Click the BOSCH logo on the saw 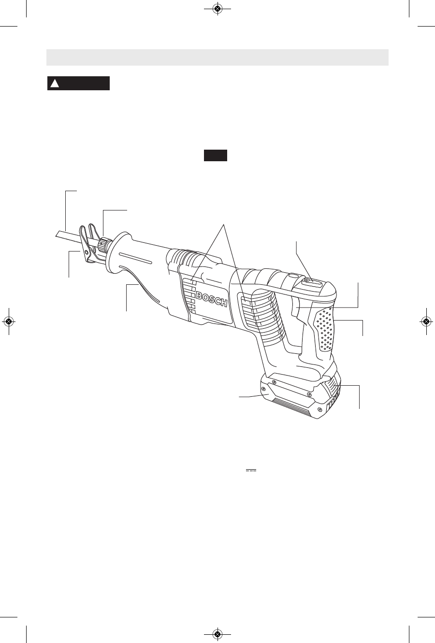click(212, 299)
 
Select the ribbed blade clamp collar click(102, 243)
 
